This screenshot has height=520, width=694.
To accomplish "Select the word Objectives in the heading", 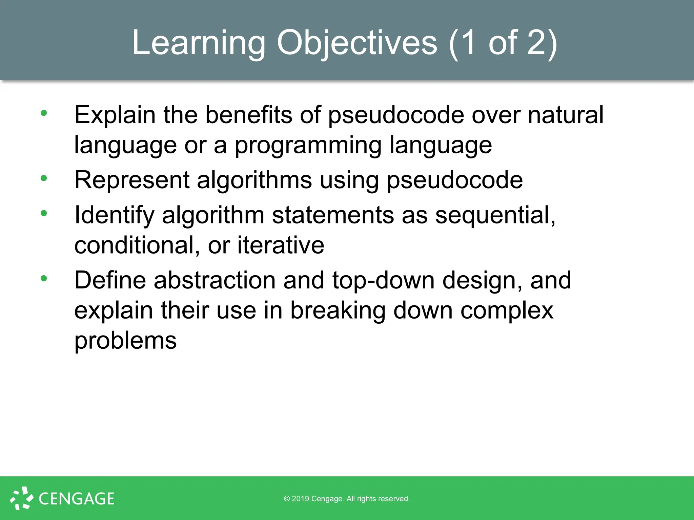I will point(357,43).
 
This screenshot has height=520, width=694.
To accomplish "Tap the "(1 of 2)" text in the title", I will point(503,43).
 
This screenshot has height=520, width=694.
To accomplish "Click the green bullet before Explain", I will point(44,113).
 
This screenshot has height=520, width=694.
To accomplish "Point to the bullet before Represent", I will point(44,178).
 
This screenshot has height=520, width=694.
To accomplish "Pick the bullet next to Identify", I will point(44,213).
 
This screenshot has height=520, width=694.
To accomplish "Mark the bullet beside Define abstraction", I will point(44,278).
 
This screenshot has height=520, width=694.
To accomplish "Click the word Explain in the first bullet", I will point(115,115).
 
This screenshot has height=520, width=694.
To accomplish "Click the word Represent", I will point(132,180).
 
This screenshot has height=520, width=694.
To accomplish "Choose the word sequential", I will point(495,215).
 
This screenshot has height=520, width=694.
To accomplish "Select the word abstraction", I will point(215,280).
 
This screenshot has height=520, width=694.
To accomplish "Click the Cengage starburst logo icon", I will point(21,498).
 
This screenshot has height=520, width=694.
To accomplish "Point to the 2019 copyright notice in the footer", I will point(347,499).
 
